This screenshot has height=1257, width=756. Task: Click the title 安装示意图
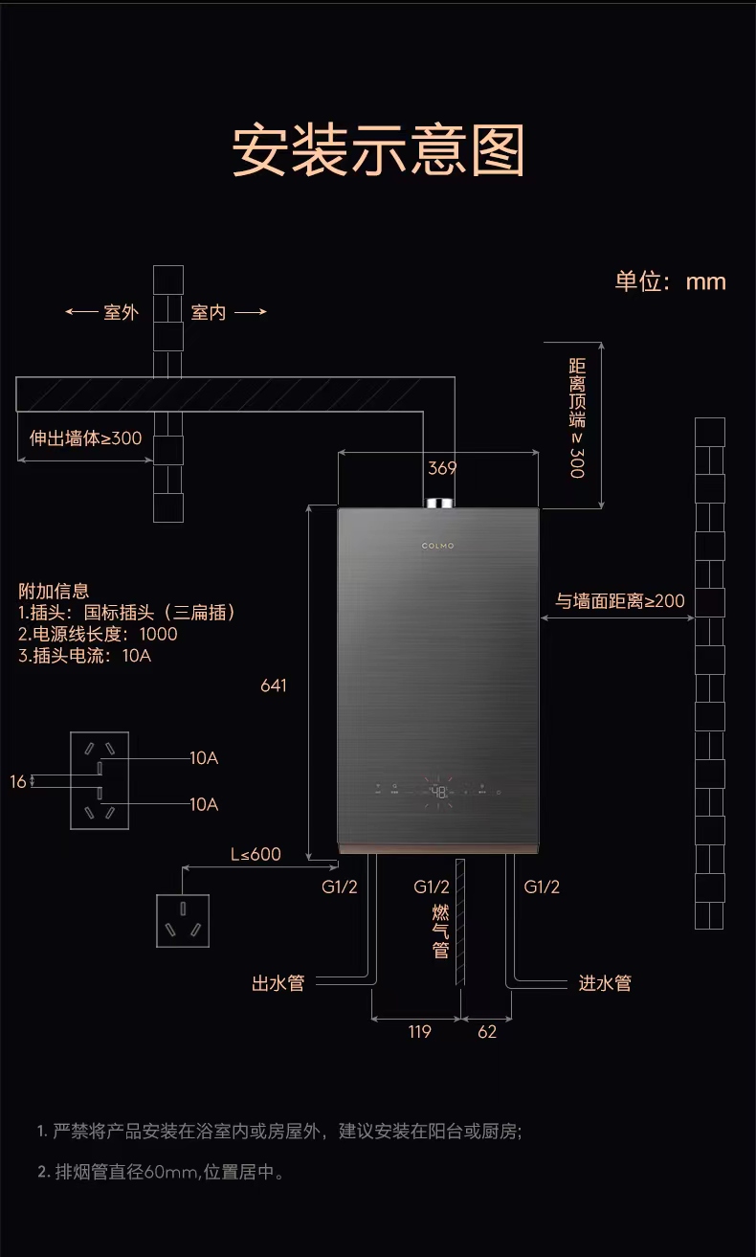click(x=378, y=150)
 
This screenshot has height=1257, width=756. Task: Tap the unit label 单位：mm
click(x=670, y=281)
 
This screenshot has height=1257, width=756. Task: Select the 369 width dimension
click(x=442, y=468)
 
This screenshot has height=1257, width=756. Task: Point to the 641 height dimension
click(x=274, y=685)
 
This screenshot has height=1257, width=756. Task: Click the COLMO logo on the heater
click(x=438, y=546)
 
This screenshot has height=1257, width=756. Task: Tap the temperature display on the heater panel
click(x=438, y=793)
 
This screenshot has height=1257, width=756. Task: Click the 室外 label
click(x=121, y=312)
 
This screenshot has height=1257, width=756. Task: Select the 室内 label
click(x=209, y=312)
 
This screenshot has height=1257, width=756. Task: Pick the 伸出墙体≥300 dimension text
click(x=85, y=438)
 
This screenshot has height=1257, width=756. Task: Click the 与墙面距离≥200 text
click(x=620, y=601)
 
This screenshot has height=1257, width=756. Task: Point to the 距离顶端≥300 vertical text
click(x=577, y=418)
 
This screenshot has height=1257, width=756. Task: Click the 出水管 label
click(x=278, y=983)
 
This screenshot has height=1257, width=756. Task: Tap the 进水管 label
click(x=605, y=983)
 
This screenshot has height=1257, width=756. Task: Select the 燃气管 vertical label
click(x=440, y=930)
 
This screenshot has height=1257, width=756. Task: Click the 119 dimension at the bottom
click(x=419, y=1032)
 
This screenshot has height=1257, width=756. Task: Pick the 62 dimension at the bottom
click(x=487, y=1032)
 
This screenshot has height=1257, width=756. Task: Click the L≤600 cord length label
click(x=256, y=854)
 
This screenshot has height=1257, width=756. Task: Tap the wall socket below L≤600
click(x=183, y=920)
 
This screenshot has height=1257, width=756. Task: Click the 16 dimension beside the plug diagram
click(x=18, y=782)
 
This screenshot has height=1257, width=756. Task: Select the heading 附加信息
click(x=54, y=591)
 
